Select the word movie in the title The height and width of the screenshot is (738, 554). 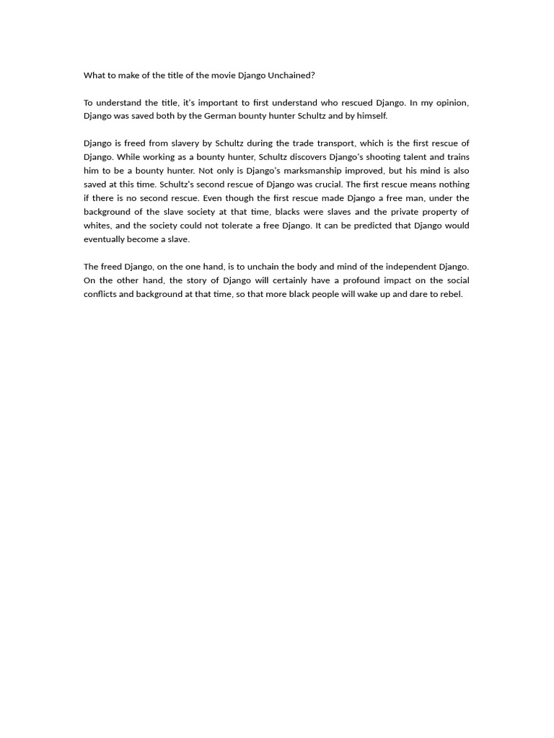(x=223, y=75)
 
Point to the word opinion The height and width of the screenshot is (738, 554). (x=449, y=102)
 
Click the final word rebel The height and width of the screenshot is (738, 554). (x=450, y=294)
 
